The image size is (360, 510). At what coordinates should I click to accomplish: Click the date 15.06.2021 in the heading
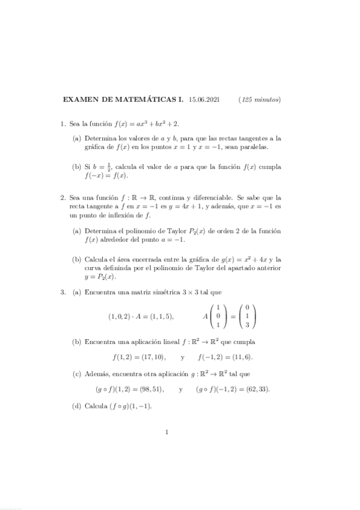[204, 100]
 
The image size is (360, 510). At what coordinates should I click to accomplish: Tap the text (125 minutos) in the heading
[260, 100]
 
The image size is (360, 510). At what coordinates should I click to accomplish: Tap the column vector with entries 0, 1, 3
[246, 316]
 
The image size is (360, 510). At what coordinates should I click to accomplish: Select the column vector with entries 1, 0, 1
[218, 316]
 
